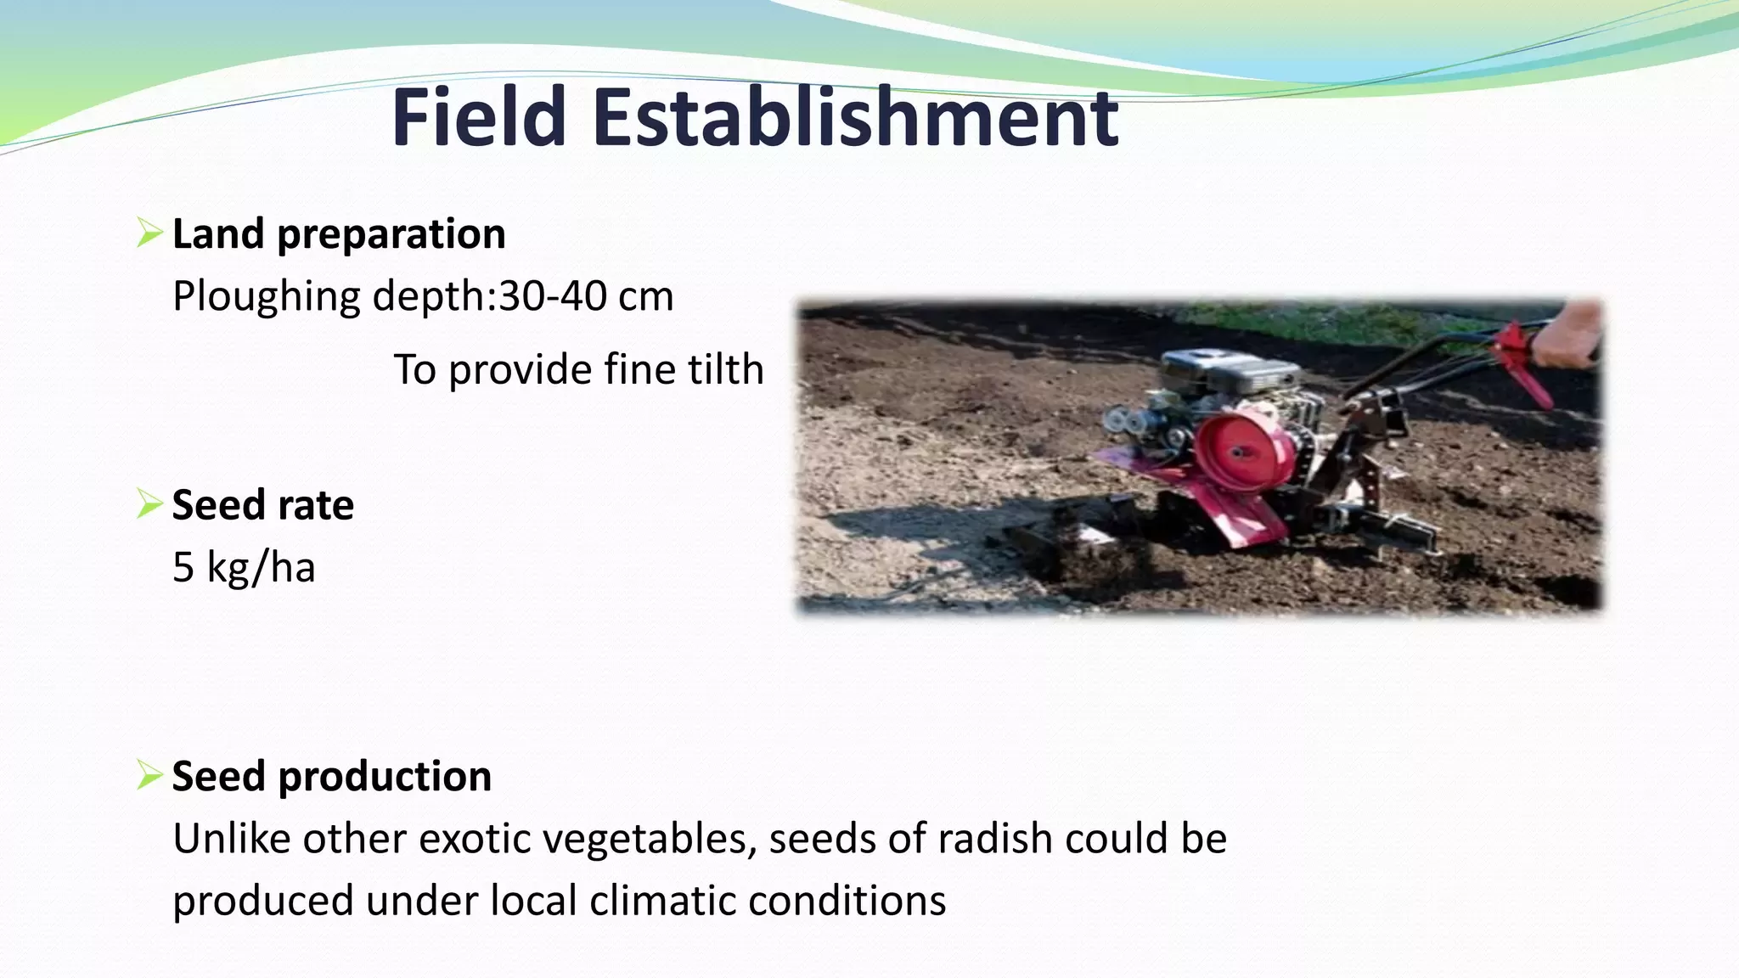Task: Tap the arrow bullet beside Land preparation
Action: [149, 233]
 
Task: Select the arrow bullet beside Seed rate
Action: [149, 504]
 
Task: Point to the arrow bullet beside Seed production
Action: [149, 775]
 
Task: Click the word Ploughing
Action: [266, 297]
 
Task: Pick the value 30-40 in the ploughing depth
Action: [553, 296]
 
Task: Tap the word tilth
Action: [725, 369]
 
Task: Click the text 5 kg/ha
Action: [244, 567]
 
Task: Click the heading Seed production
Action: [331, 776]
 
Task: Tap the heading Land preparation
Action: [338, 233]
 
